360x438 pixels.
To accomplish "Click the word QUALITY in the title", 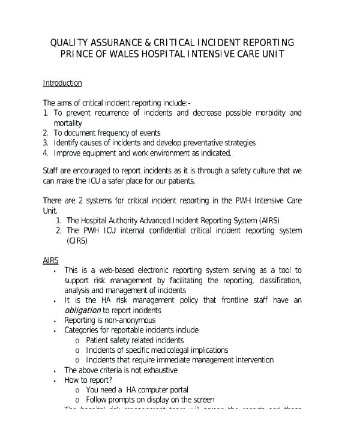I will coord(69,43).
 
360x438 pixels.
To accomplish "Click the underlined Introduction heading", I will coord(62,83).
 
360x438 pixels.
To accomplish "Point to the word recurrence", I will coord(118,113).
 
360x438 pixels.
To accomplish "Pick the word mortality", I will coord(68,123).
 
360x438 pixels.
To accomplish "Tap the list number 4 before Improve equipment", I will coord(46,152).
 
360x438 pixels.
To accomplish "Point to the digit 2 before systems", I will coord(82,200).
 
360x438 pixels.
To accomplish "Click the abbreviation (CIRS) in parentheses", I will coord(77,241).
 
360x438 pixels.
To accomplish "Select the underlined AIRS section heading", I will coord(51,260).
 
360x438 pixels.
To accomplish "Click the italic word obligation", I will coord(82,310).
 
